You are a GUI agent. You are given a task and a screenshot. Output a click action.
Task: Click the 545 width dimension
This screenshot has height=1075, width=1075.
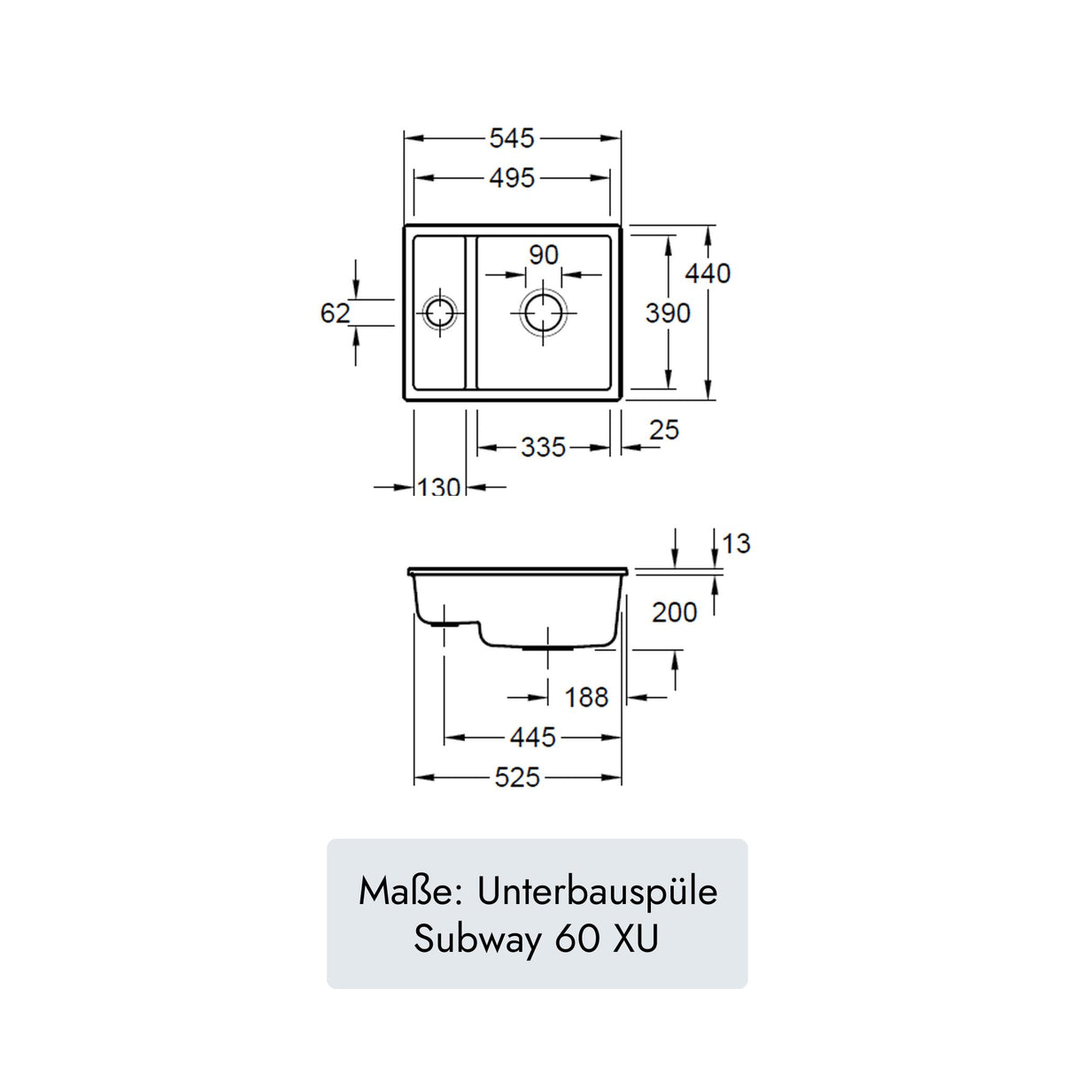512,138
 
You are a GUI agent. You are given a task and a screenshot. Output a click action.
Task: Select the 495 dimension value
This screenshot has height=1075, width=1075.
512,178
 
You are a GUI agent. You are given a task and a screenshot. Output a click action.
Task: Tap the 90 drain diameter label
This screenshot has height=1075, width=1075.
544,255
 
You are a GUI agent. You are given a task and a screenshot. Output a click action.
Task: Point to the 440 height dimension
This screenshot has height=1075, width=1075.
708,274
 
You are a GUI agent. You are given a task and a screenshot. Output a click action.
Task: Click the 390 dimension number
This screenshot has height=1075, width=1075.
668,313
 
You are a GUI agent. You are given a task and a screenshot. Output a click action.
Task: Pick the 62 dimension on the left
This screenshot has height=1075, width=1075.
335,313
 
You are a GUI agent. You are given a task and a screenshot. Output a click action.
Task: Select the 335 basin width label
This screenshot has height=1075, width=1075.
543,447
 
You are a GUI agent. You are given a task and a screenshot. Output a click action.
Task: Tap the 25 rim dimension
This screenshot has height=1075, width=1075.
663,430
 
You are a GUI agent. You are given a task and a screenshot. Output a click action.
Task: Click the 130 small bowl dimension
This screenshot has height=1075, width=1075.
439,487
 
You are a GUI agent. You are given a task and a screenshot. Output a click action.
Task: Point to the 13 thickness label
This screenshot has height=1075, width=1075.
736,544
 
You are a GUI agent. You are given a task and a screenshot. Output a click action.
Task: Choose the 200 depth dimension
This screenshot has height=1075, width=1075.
675,613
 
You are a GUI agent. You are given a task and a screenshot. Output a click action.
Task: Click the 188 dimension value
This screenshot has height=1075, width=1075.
586,698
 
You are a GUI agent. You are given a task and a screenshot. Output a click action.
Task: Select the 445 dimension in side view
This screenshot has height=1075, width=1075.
533,737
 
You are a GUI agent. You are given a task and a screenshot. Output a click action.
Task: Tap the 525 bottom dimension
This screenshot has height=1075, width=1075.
517,777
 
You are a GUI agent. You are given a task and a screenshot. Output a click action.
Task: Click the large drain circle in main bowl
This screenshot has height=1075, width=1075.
544,313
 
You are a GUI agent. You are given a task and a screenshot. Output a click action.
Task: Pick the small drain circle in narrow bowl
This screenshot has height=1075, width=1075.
439,313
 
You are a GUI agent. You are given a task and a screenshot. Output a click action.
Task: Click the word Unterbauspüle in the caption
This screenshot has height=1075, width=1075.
597,892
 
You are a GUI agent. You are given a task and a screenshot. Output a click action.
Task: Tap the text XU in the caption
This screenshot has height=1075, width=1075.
636,940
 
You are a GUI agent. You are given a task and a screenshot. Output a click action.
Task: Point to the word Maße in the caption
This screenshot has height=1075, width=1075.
406,892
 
